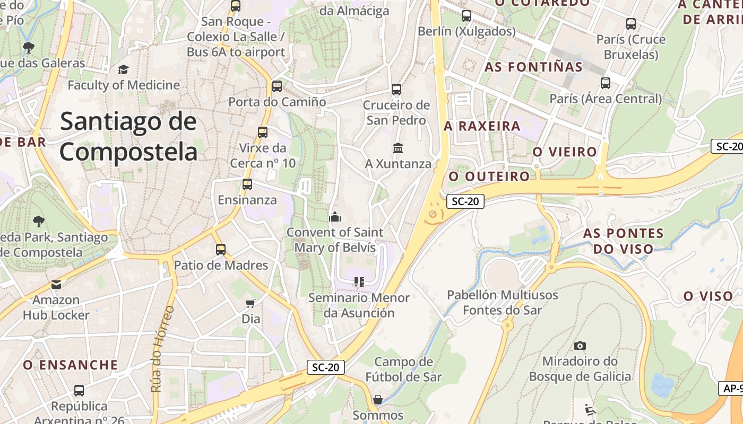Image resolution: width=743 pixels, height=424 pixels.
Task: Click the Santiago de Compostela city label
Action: coord(128,137)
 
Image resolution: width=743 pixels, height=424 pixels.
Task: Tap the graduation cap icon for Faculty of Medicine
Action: coord(123,69)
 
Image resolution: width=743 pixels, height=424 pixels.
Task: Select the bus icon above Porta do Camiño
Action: coord(277,86)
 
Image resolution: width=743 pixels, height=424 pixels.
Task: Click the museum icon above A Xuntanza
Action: coord(398,148)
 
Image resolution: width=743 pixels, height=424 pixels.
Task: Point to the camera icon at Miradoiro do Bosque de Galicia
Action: coord(580,346)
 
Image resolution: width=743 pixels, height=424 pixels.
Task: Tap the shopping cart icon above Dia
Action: coord(250,303)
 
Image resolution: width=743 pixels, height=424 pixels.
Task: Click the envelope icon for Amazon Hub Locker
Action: coord(56,285)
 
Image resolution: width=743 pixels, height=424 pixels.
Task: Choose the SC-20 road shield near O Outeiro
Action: coord(465,201)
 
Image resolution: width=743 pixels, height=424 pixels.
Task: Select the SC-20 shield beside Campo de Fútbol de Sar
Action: coord(326,367)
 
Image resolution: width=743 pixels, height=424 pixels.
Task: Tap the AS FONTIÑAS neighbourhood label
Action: coord(533,67)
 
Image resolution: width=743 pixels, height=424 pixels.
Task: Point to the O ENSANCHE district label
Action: coord(70,365)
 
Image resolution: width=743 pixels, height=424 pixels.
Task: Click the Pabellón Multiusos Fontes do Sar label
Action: coord(502,302)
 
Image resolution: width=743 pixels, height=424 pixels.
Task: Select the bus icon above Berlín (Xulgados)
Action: coord(466,16)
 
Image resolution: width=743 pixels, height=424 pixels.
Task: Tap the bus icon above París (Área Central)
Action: coord(606,83)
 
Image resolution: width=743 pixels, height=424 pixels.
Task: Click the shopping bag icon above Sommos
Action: coord(378,399)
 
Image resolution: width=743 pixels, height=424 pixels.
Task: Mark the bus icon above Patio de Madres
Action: coord(221,249)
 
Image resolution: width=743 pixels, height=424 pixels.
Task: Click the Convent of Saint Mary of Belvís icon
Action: coord(334,217)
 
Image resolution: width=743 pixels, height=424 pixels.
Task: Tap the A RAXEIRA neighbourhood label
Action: coord(482,126)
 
